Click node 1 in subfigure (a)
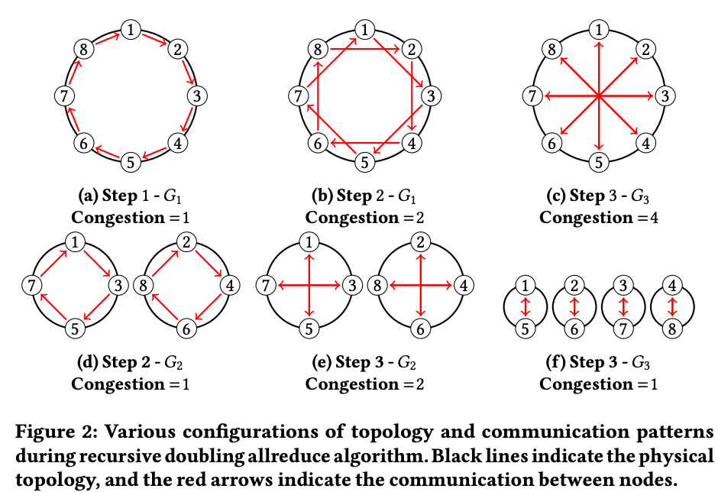131,30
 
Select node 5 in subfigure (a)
131,162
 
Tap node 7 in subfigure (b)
298,96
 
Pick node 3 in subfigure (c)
665,96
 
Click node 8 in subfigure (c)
551,49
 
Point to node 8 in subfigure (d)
143,286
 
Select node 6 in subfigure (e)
420,329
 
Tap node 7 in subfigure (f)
623,329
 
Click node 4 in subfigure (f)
672,286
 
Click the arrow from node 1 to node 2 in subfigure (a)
154,40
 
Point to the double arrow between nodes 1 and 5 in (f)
526,307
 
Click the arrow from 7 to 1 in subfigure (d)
53,263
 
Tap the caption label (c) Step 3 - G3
598,196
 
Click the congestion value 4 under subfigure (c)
654,217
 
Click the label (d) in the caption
88,362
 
